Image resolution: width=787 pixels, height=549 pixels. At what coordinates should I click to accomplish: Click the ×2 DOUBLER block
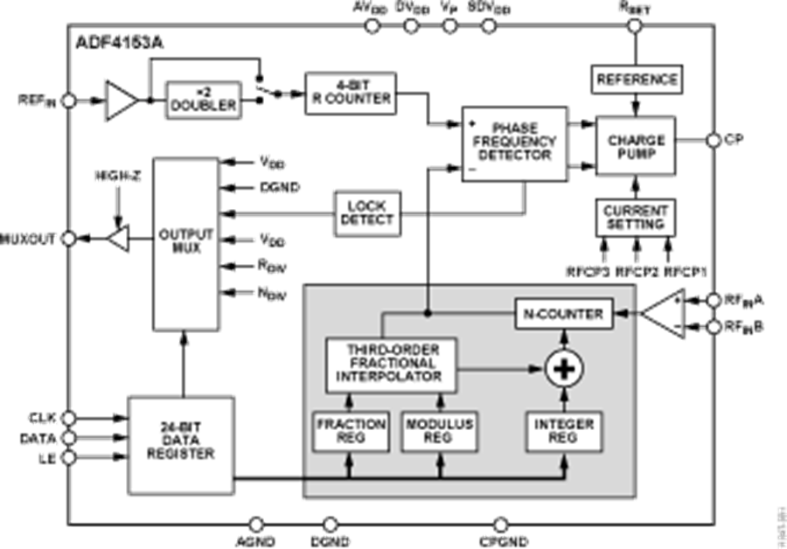point(202,98)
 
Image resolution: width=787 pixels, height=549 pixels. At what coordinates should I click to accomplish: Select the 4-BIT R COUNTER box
point(350,92)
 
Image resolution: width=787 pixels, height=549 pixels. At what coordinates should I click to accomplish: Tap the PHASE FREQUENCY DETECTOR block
point(515,145)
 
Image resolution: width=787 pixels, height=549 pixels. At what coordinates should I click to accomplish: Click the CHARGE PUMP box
point(637,145)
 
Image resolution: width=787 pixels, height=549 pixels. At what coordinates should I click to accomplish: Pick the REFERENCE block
point(637,80)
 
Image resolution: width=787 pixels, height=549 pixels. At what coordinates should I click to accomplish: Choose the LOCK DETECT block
point(366,212)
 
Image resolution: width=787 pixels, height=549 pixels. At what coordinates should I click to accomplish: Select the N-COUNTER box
point(563,313)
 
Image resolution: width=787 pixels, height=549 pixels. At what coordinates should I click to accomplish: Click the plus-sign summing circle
point(563,369)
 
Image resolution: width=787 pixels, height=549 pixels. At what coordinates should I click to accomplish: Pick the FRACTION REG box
point(350,431)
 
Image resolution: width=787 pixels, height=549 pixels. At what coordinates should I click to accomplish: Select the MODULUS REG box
point(440,431)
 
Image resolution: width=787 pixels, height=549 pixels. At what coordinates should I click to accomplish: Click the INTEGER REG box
point(563,431)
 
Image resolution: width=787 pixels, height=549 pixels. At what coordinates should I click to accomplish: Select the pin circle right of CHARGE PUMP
point(713,139)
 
